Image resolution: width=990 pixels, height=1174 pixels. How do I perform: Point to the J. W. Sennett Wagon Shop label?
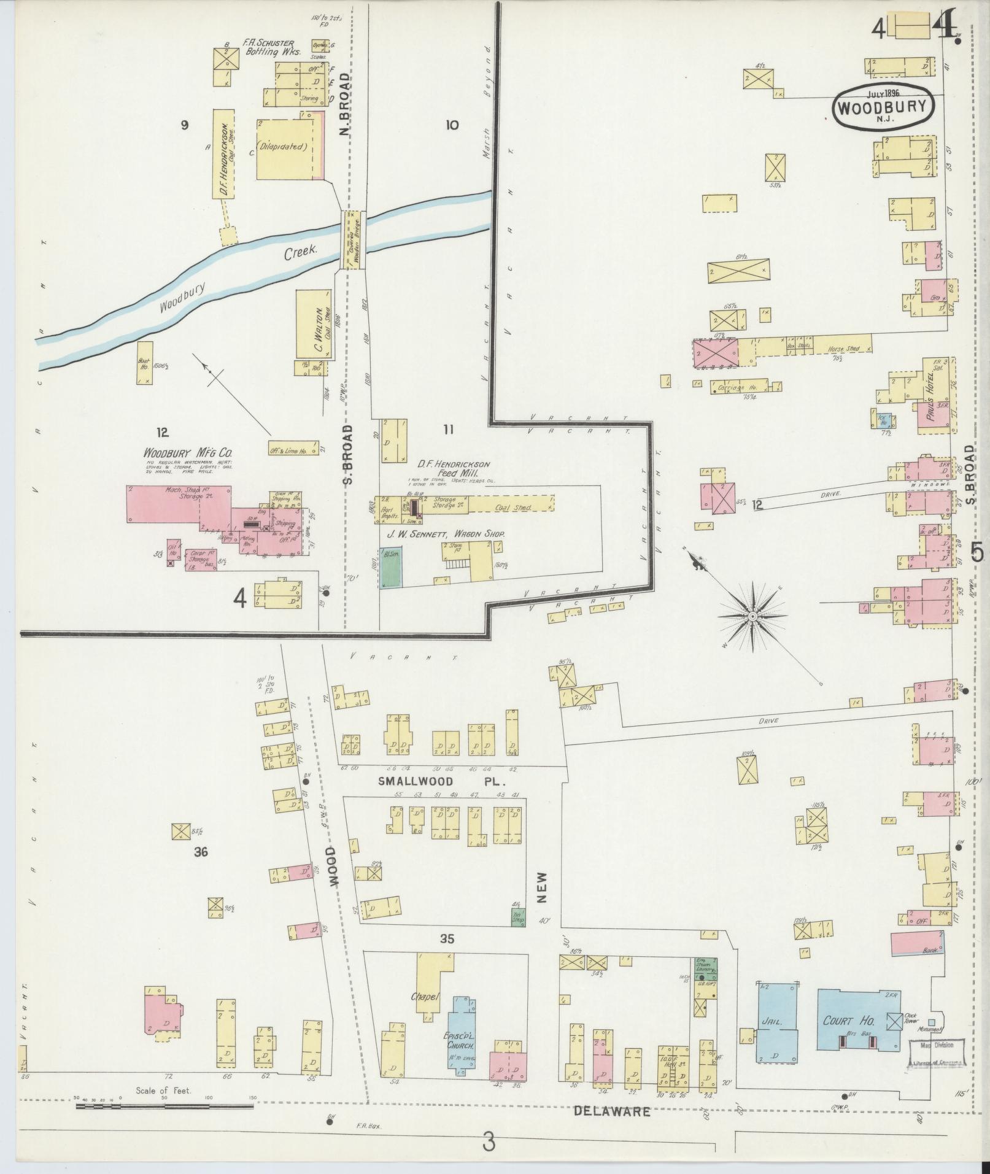coord(445,534)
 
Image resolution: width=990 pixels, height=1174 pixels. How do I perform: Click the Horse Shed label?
coord(843,349)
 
